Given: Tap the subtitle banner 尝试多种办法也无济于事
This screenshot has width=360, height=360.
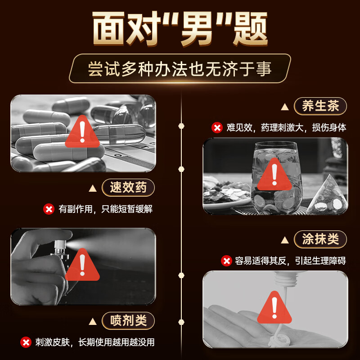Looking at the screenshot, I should (x=180, y=69).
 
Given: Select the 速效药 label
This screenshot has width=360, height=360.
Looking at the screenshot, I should (x=128, y=187).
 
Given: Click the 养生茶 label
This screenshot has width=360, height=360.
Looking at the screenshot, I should (x=320, y=107).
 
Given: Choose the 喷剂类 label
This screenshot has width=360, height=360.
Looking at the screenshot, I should (x=128, y=320).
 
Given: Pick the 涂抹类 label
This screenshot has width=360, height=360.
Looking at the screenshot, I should (x=320, y=239).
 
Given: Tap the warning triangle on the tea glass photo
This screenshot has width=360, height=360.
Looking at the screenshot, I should (x=274, y=175).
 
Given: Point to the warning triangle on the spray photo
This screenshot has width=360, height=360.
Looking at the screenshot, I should (x=82, y=265).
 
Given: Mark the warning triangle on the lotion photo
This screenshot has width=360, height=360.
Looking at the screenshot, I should (x=274, y=308).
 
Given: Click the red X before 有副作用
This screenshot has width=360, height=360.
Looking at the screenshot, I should (x=49, y=209).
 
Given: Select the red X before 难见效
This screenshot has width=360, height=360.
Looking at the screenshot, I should (x=217, y=128).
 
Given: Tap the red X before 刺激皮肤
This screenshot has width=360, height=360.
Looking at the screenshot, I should (x=26, y=342).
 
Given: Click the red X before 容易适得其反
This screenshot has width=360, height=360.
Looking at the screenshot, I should (x=226, y=261).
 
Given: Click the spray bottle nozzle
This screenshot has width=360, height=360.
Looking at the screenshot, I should (x=58, y=246).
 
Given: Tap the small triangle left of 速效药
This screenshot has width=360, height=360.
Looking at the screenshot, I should (x=92, y=188).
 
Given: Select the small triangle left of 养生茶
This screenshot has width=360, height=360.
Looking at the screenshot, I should (x=284, y=107).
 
